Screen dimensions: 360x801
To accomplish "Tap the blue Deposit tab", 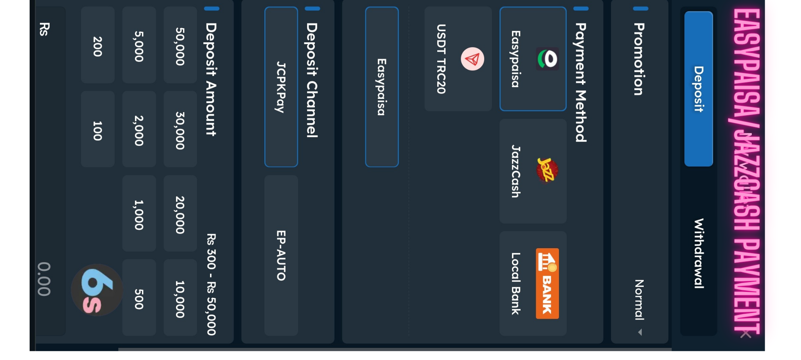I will pos(699,89).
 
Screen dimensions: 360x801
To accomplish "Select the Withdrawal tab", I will pos(699,253).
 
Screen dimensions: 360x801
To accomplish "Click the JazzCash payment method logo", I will pos(547,170).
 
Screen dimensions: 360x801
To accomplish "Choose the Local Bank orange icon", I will pos(547,283).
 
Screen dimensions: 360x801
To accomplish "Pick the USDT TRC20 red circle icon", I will pos(472,59).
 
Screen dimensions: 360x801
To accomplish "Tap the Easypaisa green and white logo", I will pos(547,59).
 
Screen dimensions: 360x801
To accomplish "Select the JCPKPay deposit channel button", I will pos(281,87).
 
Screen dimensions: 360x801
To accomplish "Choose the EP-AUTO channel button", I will pos(281,255).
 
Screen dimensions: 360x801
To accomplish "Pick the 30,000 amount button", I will pos(180,130).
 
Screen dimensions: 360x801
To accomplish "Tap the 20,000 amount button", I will pos(180,214).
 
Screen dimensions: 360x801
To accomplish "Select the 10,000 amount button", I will pos(180,299).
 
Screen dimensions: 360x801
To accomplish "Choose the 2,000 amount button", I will pos(139,130).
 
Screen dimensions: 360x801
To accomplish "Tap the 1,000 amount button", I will pos(139,214).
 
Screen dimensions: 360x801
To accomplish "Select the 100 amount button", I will pos(97,130).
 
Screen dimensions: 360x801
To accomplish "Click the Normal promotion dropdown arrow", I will pos(640,332).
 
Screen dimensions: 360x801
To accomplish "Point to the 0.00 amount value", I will pos(44,279).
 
